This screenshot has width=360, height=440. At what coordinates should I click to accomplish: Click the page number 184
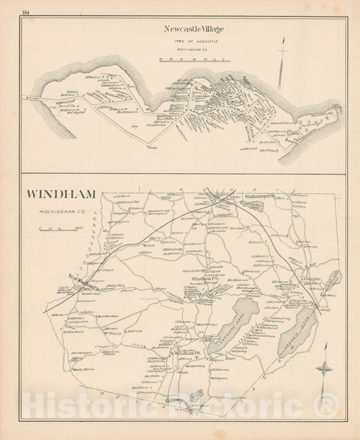click(x=26, y=13)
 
